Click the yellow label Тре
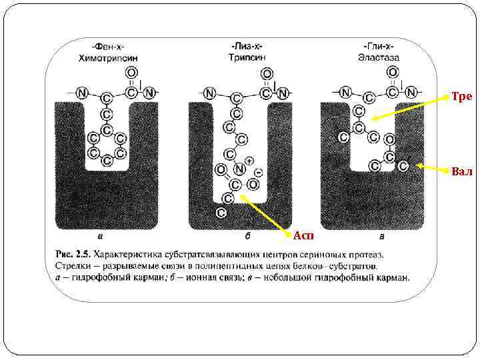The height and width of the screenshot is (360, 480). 461,97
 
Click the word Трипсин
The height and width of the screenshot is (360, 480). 247,57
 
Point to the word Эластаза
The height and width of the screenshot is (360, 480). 378,57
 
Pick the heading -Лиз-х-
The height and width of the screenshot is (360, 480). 247,47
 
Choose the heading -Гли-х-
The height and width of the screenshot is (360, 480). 378,47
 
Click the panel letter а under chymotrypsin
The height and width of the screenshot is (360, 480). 100,235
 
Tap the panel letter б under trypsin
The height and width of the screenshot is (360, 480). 247,235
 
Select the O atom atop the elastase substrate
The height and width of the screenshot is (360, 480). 393,72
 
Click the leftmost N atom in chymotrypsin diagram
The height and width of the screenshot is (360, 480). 81,93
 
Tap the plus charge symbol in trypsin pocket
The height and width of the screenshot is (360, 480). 249,161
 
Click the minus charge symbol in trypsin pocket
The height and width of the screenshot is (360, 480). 258,173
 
